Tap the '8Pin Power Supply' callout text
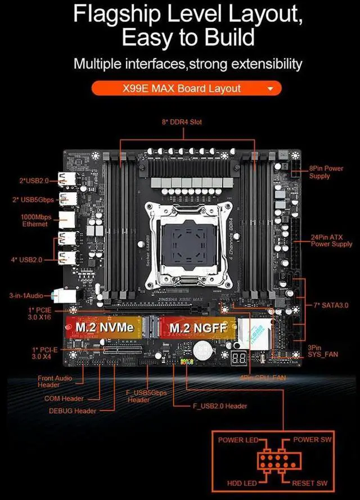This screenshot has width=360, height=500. point(327,172)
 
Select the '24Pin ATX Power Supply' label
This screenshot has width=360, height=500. point(331,241)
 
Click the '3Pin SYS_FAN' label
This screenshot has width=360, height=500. point(322,351)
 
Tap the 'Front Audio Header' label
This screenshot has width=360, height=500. point(55,382)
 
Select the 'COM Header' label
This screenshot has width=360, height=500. point(64,398)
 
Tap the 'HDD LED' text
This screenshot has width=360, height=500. point(242,483)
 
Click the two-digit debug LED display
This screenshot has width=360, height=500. point(238,358)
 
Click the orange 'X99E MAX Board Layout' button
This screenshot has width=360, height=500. point(186,88)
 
